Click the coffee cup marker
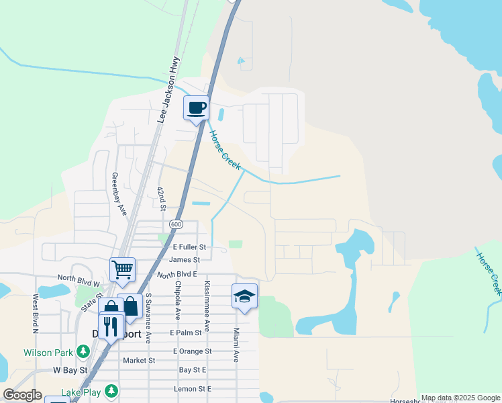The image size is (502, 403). [x=196, y=108]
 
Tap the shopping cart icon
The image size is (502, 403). [x=123, y=270]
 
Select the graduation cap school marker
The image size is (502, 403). [x=245, y=296]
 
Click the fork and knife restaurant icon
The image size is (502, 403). [x=111, y=327]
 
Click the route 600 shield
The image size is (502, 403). [x=176, y=224]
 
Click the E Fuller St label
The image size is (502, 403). [x=184, y=247]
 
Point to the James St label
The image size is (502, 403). [x=185, y=260]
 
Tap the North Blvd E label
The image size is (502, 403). [x=177, y=275]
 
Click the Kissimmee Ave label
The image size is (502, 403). [x=207, y=306]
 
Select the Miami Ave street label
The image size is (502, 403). [x=236, y=345]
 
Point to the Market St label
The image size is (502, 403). [x=139, y=360]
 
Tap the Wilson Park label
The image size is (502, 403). [x=48, y=352]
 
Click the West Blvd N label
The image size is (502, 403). [x=34, y=312]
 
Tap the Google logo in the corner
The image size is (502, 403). [x=22, y=395]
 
